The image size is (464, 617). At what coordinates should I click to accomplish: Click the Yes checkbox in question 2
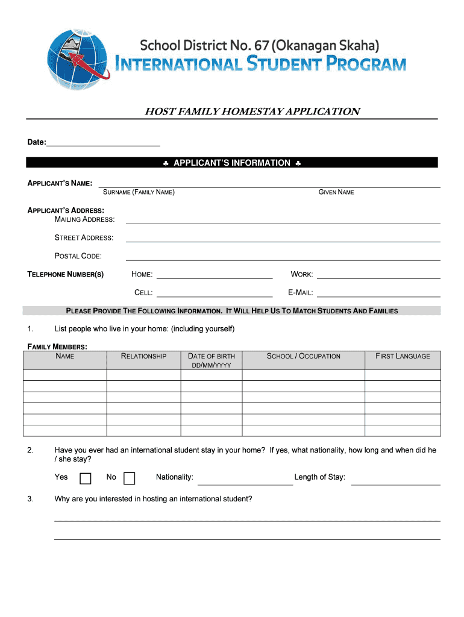click(x=86, y=478)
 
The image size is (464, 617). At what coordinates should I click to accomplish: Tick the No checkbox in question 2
click(x=129, y=478)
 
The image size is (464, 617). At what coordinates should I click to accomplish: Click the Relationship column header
click(x=144, y=356)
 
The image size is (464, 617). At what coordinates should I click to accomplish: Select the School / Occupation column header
click(x=304, y=356)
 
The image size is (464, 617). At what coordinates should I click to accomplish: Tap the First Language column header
click(x=403, y=356)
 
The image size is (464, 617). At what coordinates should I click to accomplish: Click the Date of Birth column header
click(x=212, y=360)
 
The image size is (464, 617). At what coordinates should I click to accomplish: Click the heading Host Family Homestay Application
click(x=252, y=111)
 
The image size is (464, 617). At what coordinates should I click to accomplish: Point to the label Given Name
click(x=336, y=192)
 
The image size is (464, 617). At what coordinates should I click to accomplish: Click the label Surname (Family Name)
click(x=139, y=192)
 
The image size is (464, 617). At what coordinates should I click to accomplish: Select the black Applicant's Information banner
click(x=232, y=163)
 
